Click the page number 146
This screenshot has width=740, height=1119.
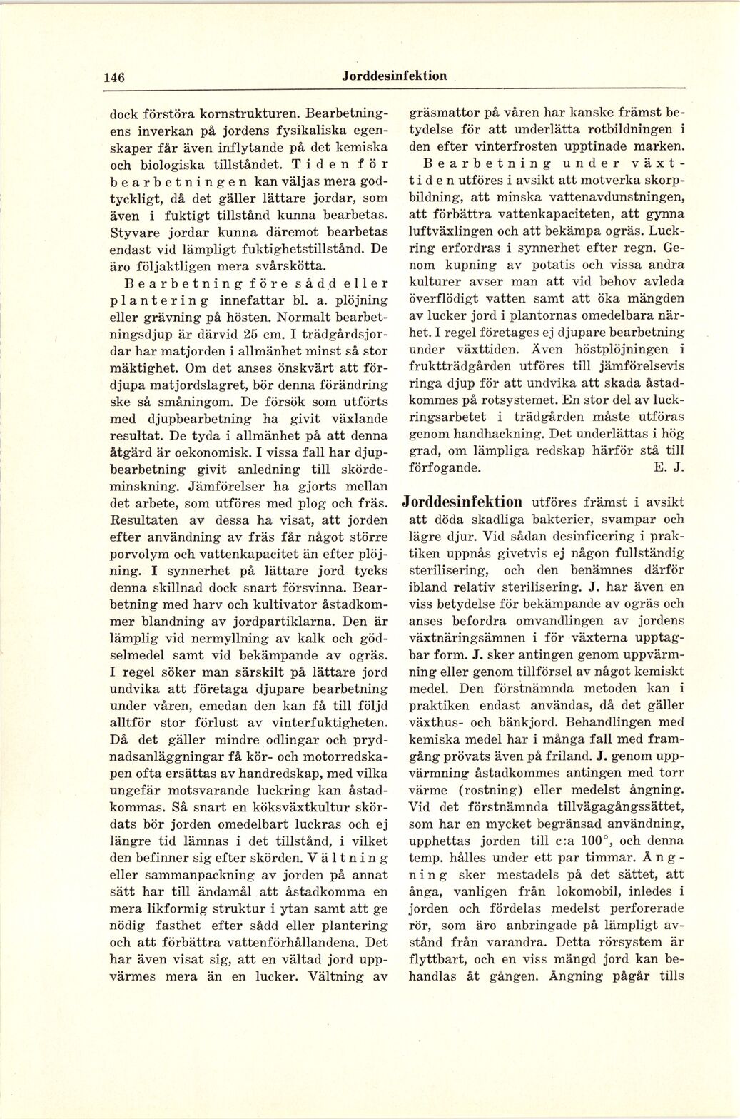click(114, 78)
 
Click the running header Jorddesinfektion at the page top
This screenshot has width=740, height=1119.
click(394, 76)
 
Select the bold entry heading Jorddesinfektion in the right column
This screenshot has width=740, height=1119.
click(462, 502)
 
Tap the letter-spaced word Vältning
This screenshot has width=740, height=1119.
click(349, 857)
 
